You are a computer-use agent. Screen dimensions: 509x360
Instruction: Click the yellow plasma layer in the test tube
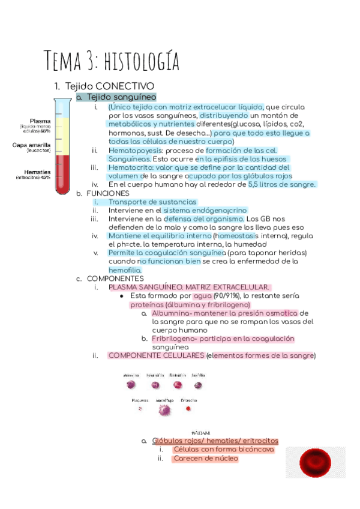(x=62, y=130)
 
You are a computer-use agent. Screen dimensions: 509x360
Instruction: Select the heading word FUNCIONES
(x=107, y=194)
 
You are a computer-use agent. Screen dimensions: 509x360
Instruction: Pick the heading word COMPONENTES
(x=115, y=279)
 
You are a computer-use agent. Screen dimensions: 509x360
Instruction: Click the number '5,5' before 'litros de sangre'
(x=256, y=185)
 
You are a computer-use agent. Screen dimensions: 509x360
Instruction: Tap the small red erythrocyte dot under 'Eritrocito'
(x=188, y=409)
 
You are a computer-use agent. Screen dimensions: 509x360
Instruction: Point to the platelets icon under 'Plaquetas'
(x=140, y=409)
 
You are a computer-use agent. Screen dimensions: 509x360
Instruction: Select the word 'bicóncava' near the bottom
(x=256, y=449)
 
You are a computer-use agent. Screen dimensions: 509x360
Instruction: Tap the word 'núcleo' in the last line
(x=225, y=459)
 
